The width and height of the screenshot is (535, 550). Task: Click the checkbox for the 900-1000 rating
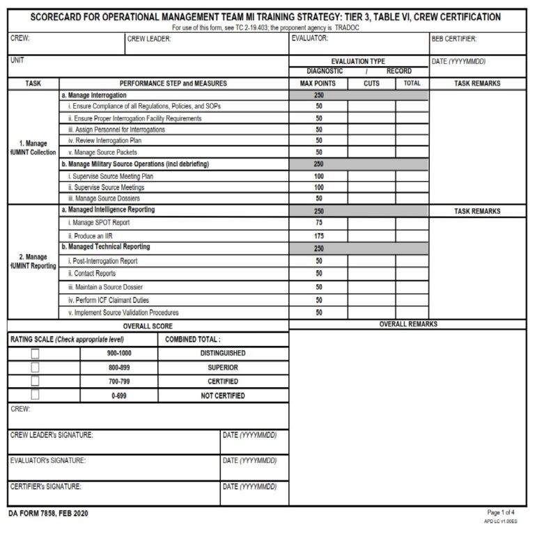(x=35, y=353)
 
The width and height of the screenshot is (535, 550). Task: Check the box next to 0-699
(x=35, y=395)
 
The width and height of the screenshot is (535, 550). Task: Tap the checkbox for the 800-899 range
(x=35, y=367)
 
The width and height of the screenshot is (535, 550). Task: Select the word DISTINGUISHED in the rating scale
(x=223, y=353)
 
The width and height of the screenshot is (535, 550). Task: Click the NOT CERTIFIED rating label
(x=223, y=395)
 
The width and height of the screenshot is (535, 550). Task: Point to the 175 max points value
(x=318, y=235)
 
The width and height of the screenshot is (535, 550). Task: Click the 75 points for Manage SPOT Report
(x=318, y=223)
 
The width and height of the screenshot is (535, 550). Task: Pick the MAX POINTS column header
(x=318, y=84)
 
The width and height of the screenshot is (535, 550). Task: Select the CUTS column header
(x=371, y=84)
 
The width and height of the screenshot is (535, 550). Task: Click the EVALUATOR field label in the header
(x=310, y=39)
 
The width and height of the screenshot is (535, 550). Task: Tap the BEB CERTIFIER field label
(x=454, y=39)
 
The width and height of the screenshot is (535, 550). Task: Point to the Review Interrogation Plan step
(x=104, y=141)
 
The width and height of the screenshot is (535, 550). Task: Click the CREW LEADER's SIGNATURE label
(x=52, y=435)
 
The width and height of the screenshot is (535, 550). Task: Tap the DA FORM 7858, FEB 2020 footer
(x=49, y=514)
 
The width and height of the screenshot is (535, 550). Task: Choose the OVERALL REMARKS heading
(x=408, y=324)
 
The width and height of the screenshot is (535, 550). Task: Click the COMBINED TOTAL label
(x=193, y=339)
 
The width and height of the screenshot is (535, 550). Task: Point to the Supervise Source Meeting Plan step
(x=111, y=176)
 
